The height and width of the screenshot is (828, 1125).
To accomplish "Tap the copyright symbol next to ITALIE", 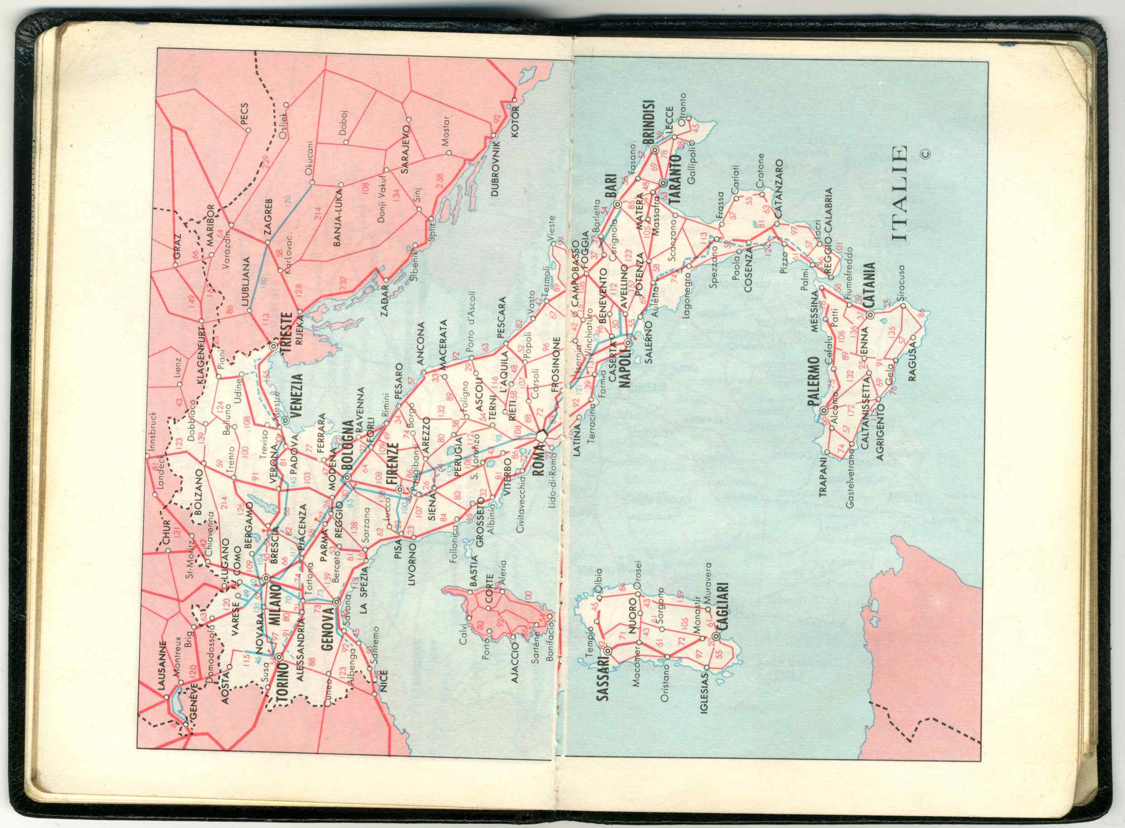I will click(x=925, y=154).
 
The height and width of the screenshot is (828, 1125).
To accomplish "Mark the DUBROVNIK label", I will click(x=496, y=168).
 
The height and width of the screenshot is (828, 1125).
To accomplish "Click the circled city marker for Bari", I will click(x=617, y=205).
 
